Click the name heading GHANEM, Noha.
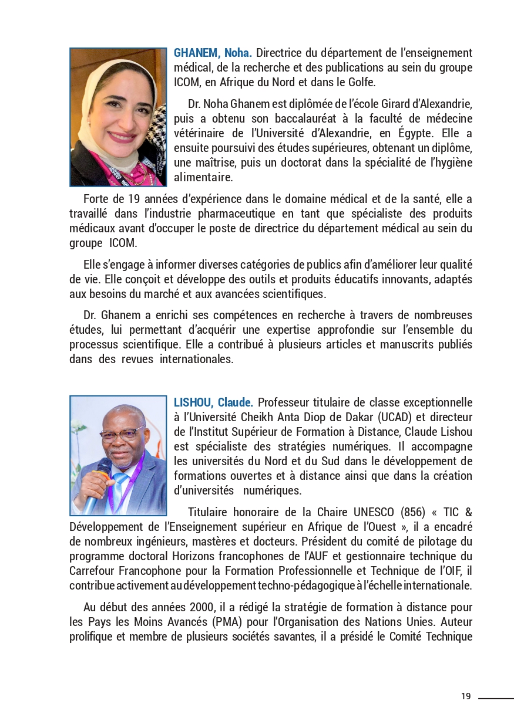tap(213, 53)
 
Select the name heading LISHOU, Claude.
tap(213, 402)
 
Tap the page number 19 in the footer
tap(466, 696)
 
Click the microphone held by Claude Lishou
tap(96, 481)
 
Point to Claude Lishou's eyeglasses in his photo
tap(122, 434)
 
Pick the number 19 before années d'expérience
tap(133, 199)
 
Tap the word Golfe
tap(360, 82)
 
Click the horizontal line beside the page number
tap(496, 698)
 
